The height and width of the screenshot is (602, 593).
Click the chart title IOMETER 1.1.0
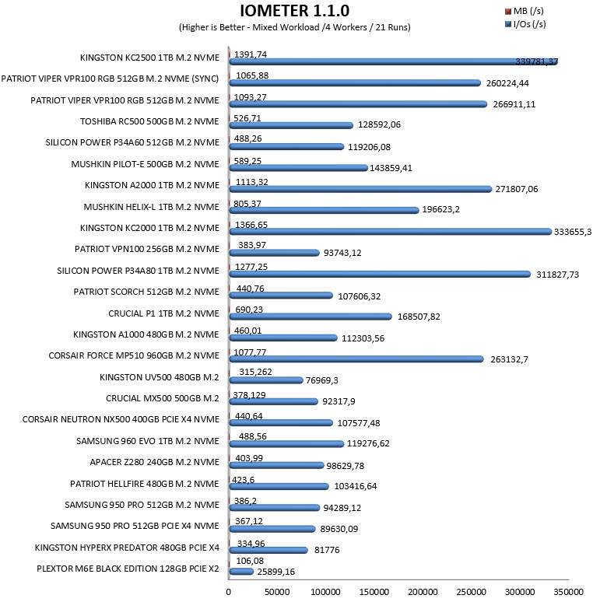pyautogui.click(x=295, y=11)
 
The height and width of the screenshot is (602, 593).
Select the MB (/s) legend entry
pyautogui.click(x=525, y=11)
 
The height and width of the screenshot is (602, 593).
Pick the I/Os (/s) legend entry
pyautogui.click(x=525, y=24)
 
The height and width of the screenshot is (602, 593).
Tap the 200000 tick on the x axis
pyautogui.click(x=423, y=592)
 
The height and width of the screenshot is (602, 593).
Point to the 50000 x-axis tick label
pyautogui.click(x=277, y=592)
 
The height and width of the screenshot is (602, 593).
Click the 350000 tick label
pyautogui.click(x=568, y=592)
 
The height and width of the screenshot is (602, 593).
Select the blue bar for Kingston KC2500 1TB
pyautogui.click(x=394, y=61)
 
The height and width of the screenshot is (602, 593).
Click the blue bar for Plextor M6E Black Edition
pyautogui.click(x=241, y=572)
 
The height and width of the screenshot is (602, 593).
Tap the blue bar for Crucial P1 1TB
pyautogui.click(x=311, y=317)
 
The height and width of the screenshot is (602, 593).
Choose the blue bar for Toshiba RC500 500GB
pyautogui.click(x=291, y=125)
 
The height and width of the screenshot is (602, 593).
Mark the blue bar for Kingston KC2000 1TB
pyautogui.click(x=391, y=231)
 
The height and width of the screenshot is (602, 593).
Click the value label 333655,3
pyautogui.click(x=573, y=232)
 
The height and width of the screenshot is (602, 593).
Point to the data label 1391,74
pyautogui.click(x=251, y=54)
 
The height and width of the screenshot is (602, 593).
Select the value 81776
pyautogui.click(x=327, y=550)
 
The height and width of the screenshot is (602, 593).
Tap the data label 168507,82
pyautogui.click(x=419, y=317)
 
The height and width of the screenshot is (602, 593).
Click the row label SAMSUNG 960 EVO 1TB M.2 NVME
pyautogui.click(x=148, y=441)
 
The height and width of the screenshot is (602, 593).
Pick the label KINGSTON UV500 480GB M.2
pyautogui.click(x=159, y=377)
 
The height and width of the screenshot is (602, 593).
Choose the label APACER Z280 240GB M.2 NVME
pyautogui.click(x=154, y=462)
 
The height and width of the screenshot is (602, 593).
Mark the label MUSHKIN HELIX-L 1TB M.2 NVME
pyautogui.click(x=151, y=207)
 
